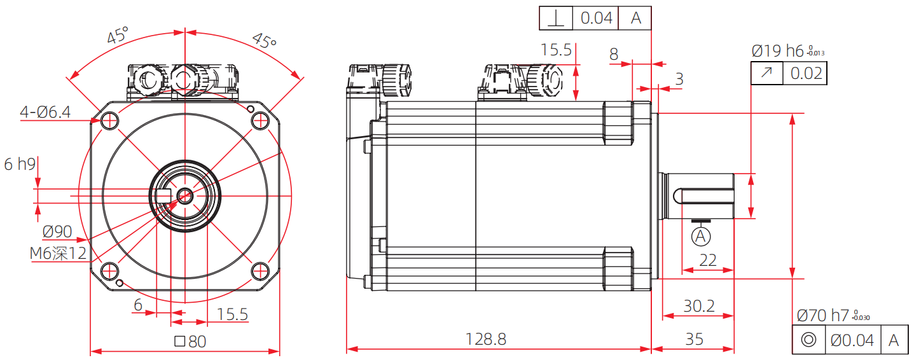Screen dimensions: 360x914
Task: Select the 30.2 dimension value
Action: (x=698, y=306)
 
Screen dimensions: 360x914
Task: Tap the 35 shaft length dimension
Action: (x=695, y=339)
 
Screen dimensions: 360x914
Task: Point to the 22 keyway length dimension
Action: (x=707, y=260)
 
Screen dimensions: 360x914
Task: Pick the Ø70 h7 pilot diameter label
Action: (x=823, y=315)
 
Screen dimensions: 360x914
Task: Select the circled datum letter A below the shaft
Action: (x=701, y=237)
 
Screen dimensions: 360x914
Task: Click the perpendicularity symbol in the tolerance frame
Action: (x=556, y=18)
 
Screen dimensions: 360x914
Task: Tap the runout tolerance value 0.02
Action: (x=806, y=74)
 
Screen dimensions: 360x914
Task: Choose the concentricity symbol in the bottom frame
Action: (x=808, y=340)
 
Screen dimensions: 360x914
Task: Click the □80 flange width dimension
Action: (x=190, y=342)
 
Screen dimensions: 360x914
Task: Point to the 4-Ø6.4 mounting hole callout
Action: (x=45, y=113)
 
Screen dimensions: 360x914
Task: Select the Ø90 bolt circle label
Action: (x=57, y=232)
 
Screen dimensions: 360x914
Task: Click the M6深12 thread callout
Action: (x=58, y=253)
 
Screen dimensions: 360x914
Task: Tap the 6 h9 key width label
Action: (x=20, y=164)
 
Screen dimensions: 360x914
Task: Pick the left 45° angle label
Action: (x=117, y=36)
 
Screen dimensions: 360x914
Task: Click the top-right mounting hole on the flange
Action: (x=260, y=120)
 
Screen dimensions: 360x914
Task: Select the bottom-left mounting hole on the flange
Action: (x=109, y=270)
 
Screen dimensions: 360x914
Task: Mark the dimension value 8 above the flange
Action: (x=614, y=55)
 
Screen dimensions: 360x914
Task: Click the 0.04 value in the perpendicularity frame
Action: (x=596, y=18)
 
